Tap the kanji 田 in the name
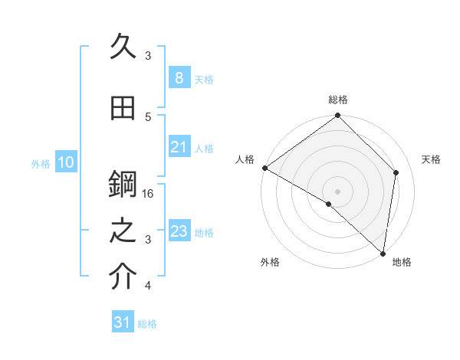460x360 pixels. click(124, 110)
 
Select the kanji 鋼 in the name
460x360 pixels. click(124, 185)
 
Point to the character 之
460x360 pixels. click(124, 232)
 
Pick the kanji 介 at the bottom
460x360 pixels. click(124, 277)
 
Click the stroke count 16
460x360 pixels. click(149, 194)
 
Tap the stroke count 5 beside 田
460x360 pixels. click(148, 116)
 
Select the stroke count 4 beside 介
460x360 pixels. click(148, 286)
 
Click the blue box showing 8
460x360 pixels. click(179, 78)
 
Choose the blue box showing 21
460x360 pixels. click(179, 147)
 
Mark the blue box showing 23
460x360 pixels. click(179, 231)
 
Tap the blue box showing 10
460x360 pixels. click(65, 162)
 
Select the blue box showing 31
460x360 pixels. click(123, 322)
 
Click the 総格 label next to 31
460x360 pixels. click(147, 324)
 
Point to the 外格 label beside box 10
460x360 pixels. click(41, 163)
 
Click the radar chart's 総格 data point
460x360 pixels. click(337, 116)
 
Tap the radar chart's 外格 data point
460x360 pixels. click(329, 204)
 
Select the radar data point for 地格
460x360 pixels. click(382, 253)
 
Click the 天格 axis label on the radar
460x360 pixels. click(431, 159)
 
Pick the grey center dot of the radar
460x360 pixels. click(337, 191)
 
